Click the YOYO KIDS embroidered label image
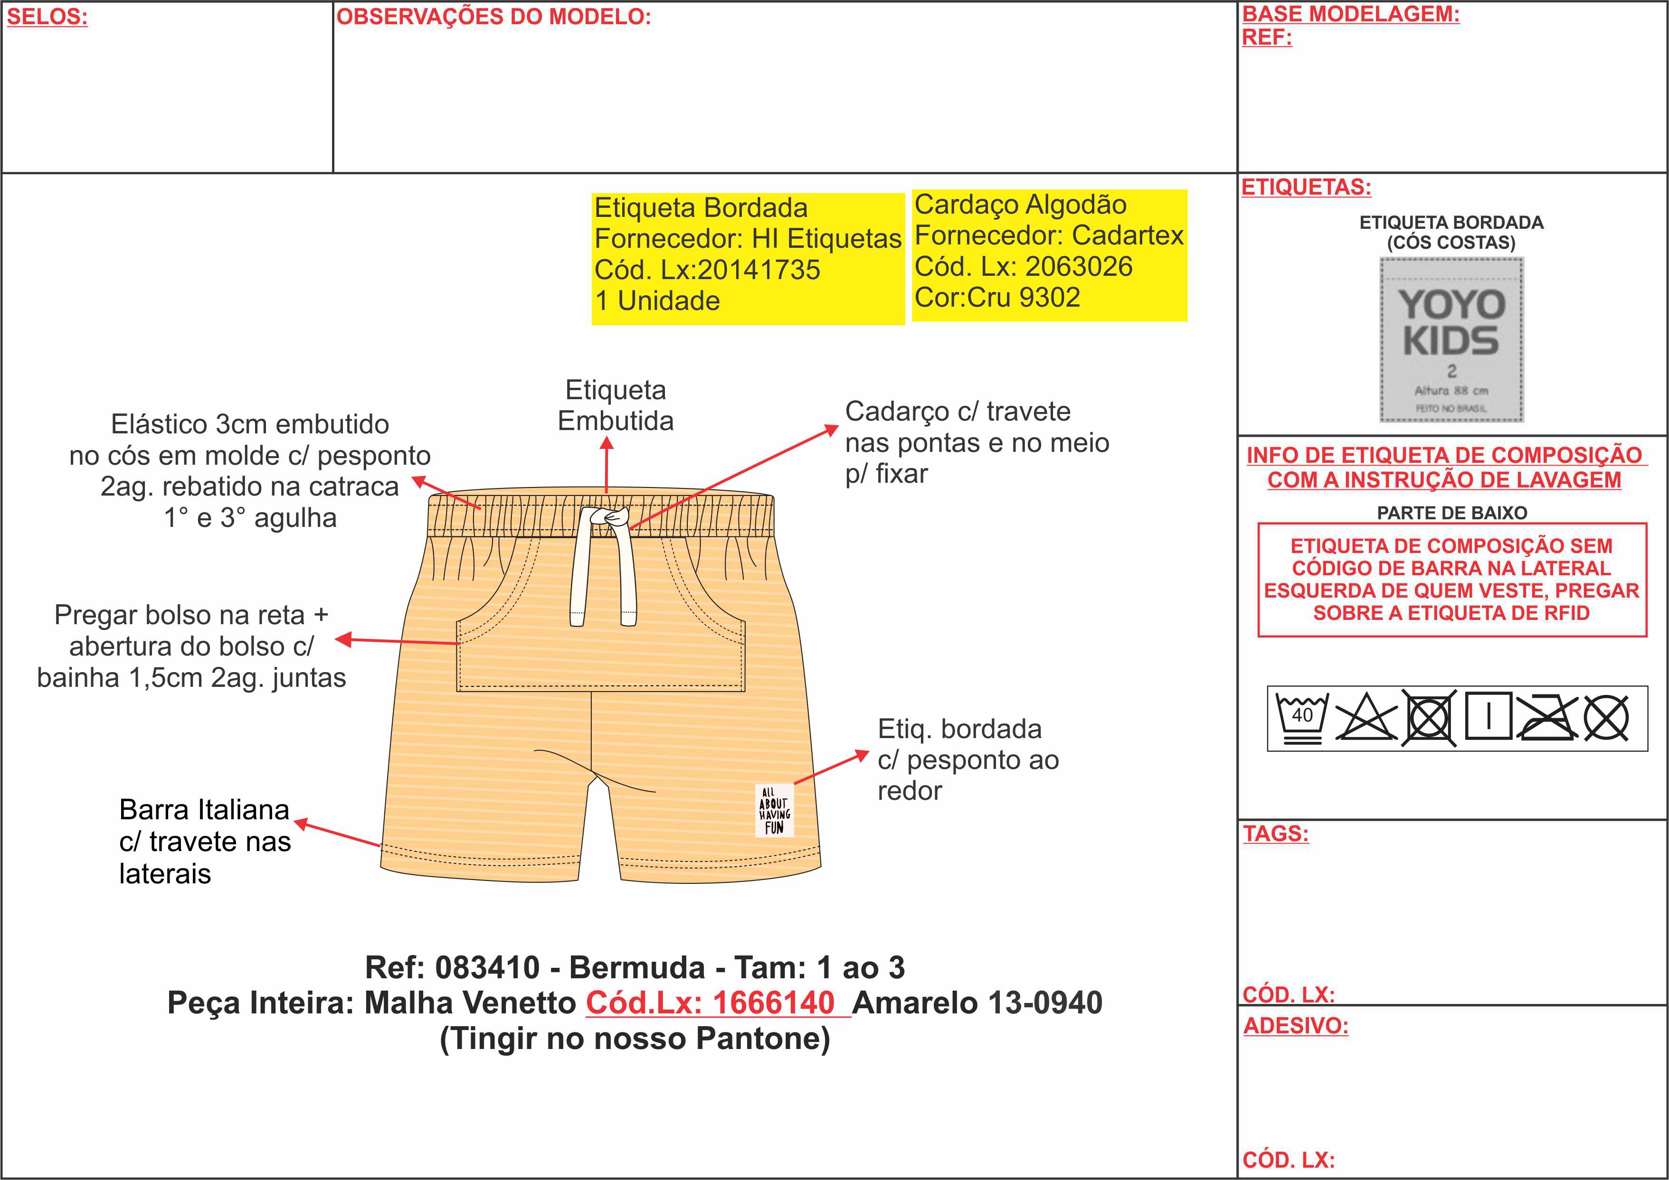click(x=1451, y=340)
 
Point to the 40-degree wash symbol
click(x=1301, y=718)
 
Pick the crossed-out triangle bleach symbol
click(x=1366, y=718)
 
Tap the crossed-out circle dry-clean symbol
click(x=1606, y=718)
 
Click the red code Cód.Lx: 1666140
click(x=710, y=1002)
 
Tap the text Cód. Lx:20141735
click(x=707, y=270)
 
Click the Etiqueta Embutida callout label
click(x=615, y=405)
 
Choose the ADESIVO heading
click(x=1295, y=1026)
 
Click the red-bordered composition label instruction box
click(x=1451, y=579)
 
